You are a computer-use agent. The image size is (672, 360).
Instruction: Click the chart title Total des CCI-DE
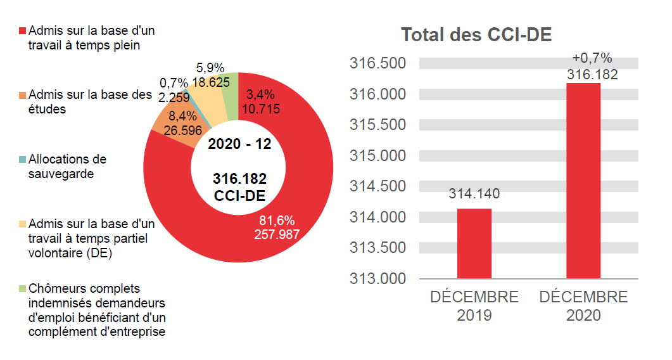(476, 35)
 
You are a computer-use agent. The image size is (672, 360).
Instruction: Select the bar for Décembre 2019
(474, 243)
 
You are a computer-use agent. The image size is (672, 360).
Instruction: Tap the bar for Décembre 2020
(583, 181)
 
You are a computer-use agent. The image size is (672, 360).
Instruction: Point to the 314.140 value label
(474, 194)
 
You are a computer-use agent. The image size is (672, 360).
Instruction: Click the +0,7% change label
(592, 58)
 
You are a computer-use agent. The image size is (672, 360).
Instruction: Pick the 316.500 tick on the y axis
(377, 63)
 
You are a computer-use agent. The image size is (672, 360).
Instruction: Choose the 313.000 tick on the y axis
(377, 278)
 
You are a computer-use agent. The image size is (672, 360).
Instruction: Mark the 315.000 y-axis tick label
(377, 156)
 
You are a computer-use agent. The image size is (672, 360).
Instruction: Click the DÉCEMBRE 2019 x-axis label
(474, 305)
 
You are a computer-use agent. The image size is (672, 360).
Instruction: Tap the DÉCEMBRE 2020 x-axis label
(583, 305)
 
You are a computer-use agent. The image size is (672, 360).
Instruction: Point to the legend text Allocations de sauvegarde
(67, 166)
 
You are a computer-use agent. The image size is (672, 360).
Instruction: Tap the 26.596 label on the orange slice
(182, 131)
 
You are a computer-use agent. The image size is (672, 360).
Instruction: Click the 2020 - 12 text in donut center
(239, 144)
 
